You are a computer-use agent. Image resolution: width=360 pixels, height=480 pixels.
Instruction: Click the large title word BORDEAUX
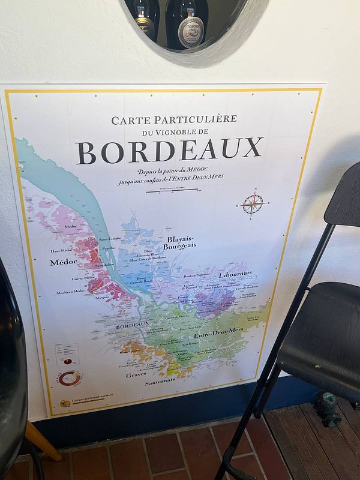click(x=169, y=151)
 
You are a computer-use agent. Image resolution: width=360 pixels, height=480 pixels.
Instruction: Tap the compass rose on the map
click(x=253, y=204)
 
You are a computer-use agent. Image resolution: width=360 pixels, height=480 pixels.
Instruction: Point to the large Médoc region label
click(x=63, y=262)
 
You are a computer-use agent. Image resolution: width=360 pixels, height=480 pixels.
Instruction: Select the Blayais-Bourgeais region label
click(x=180, y=242)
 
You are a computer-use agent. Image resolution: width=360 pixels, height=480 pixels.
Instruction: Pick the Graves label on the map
click(x=136, y=374)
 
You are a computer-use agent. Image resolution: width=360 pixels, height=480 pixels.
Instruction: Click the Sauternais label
click(x=160, y=380)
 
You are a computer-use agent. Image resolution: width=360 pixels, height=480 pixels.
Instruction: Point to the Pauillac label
click(x=109, y=248)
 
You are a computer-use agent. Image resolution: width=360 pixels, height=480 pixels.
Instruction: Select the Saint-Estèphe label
click(x=110, y=238)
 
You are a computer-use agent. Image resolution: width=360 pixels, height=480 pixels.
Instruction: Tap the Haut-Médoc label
click(x=61, y=251)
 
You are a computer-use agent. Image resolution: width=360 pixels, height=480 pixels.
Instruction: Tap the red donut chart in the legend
click(x=71, y=378)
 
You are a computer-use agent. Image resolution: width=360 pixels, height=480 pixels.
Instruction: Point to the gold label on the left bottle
click(x=144, y=26)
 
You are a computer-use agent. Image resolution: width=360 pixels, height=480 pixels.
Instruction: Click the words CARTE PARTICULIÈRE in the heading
click(x=174, y=119)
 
